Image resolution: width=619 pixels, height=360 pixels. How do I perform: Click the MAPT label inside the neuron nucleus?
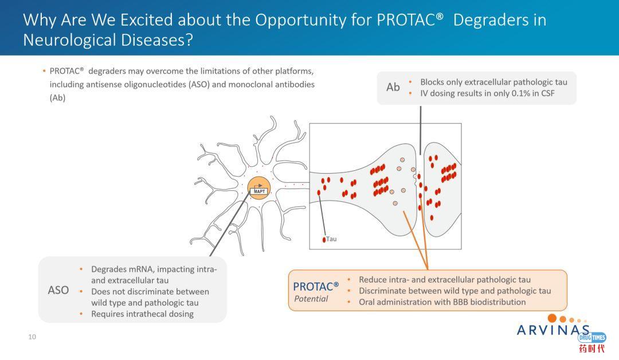[260, 191]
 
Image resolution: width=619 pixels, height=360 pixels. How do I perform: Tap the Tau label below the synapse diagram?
[331, 239]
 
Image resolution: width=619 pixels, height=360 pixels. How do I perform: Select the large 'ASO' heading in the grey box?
[58, 290]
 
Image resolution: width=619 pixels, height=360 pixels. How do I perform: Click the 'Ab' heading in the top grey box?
[393, 87]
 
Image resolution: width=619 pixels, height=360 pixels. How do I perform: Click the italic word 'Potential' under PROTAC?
[311, 299]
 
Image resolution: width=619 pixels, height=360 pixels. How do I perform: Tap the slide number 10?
[32, 337]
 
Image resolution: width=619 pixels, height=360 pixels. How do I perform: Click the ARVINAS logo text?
[553, 330]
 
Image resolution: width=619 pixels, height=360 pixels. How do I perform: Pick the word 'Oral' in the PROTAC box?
[368, 302]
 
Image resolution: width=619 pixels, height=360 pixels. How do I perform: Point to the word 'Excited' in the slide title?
[146, 20]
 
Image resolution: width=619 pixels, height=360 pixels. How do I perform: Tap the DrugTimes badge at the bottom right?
[592, 338]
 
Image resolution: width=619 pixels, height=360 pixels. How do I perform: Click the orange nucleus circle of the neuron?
[258, 187]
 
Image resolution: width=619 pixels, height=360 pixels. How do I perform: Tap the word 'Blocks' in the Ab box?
[433, 82]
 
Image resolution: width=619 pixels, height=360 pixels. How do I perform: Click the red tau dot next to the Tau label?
[324, 239]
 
